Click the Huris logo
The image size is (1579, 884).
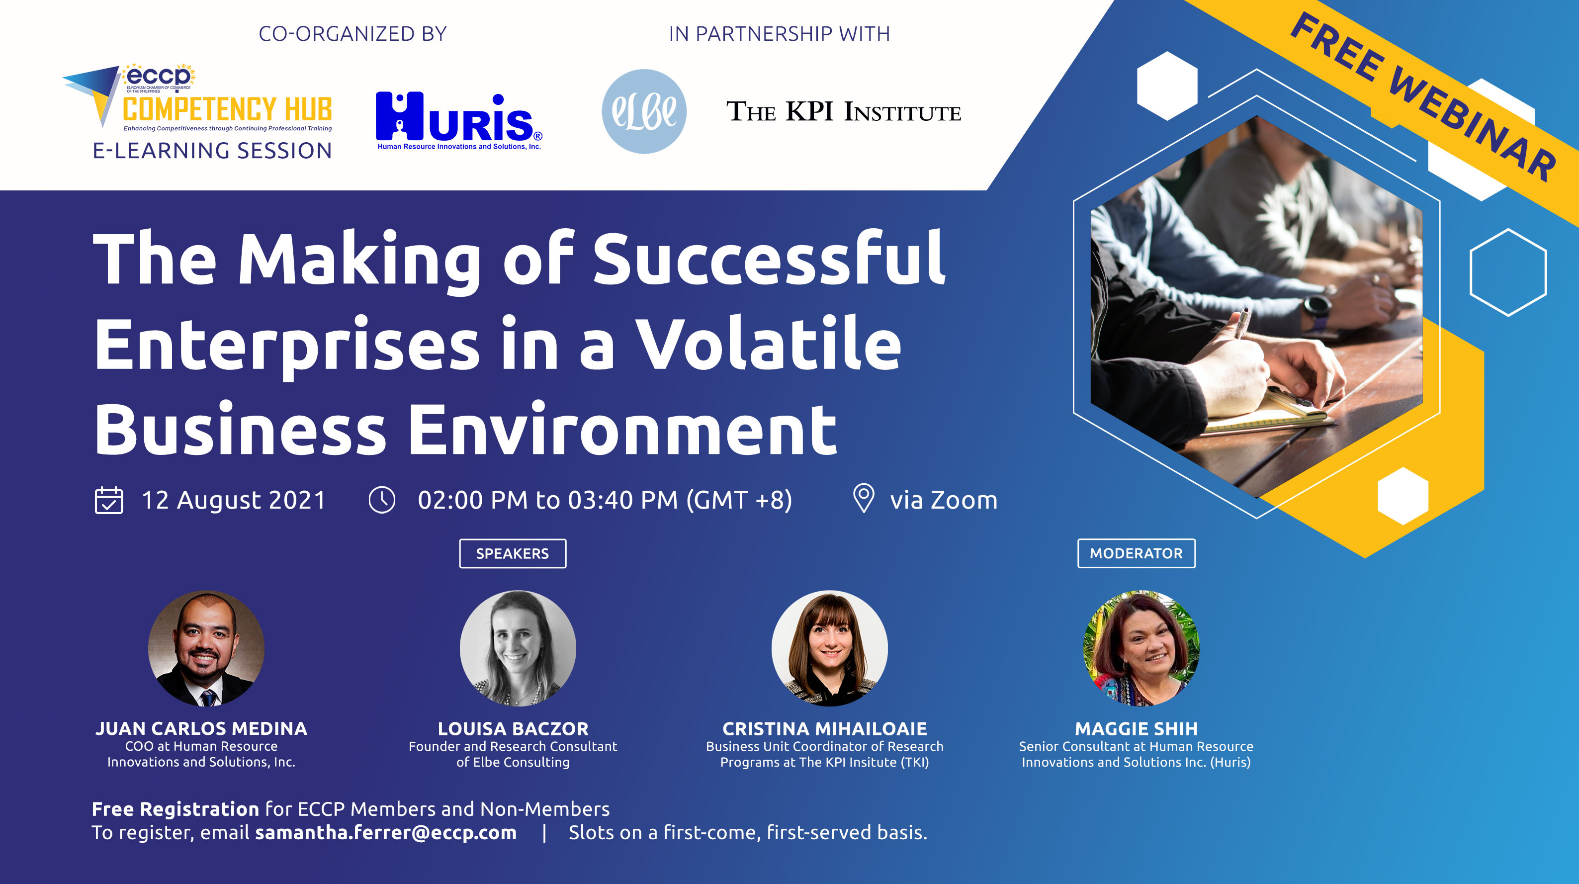click(x=458, y=121)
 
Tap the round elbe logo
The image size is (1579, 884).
click(x=644, y=111)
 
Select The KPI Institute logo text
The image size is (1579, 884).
click(x=843, y=112)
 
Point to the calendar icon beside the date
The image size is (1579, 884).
click(x=108, y=500)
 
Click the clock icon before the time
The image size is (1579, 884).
click(x=382, y=500)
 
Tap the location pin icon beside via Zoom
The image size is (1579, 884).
click(x=864, y=498)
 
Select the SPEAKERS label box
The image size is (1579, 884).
click(x=513, y=553)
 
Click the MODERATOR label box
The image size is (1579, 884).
click(x=1136, y=553)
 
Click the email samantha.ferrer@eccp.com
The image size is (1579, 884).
click(x=386, y=832)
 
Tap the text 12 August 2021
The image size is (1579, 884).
click(x=234, y=500)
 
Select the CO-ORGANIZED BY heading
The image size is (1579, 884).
click(x=352, y=34)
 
